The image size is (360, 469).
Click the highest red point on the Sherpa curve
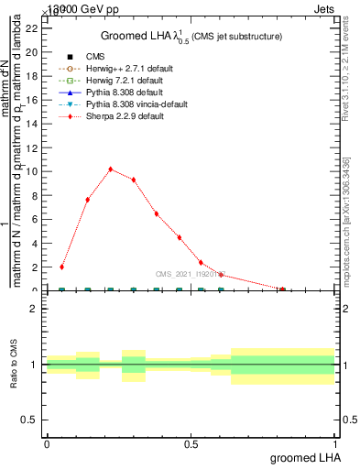(111, 169)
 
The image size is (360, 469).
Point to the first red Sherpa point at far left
(61, 267)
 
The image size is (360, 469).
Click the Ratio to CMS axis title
(14, 365)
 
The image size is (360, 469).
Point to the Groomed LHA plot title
(191, 37)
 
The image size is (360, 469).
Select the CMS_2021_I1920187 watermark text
(191, 273)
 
